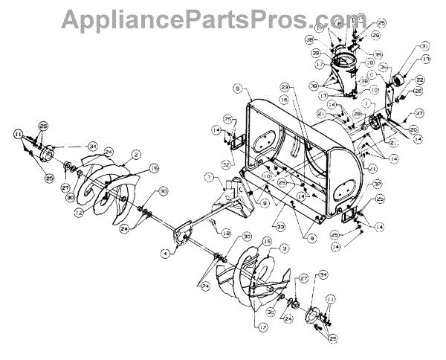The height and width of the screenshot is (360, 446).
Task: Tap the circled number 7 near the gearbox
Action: click(210, 177)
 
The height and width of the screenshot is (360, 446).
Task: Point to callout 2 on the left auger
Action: click(137, 155)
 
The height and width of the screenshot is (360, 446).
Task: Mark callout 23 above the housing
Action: click(285, 88)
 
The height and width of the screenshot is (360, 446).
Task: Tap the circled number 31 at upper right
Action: click(424, 45)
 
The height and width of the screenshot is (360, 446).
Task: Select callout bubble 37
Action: click(419, 114)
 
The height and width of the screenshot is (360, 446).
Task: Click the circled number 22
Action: click(419, 80)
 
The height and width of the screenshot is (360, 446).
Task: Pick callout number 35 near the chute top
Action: click(378, 54)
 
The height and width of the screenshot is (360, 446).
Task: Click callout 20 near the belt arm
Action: click(412, 128)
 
